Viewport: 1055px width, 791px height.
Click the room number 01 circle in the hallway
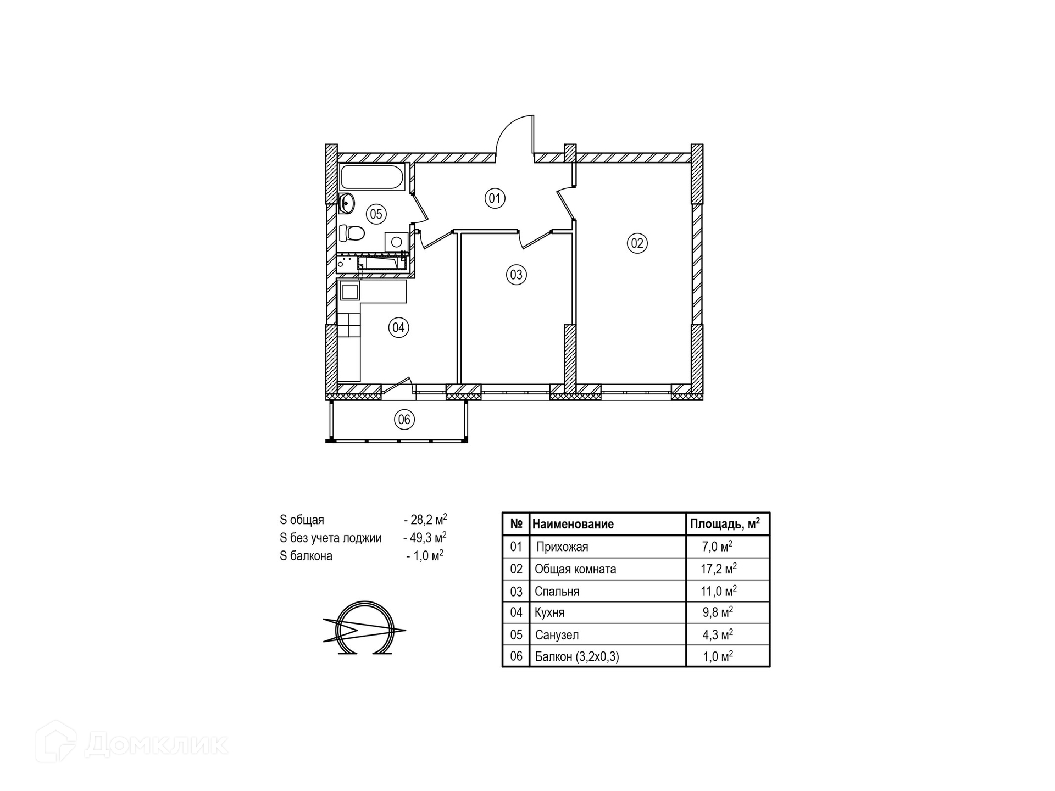point(495,198)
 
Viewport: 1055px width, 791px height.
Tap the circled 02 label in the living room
point(637,243)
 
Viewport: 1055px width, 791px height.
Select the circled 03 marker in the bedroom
point(516,274)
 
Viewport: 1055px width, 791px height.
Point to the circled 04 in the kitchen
point(398,328)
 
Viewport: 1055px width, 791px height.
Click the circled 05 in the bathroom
point(376,214)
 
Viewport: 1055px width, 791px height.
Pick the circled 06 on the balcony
point(404,420)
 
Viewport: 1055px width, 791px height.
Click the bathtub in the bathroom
point(373,177)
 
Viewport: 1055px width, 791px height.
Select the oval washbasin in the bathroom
point(347,203)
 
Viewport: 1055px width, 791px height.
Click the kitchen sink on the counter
point(349,291)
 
